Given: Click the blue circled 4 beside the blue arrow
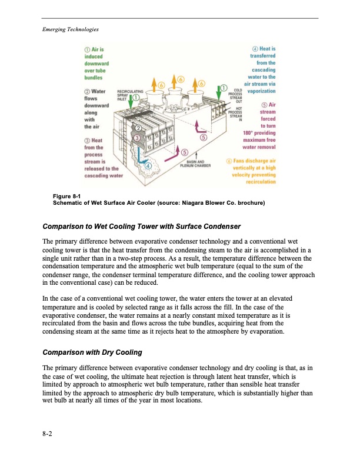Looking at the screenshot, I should click(148, 167).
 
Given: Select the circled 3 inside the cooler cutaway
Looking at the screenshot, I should click(136, 137).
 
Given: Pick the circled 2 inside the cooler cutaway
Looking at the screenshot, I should click(138, 127).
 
